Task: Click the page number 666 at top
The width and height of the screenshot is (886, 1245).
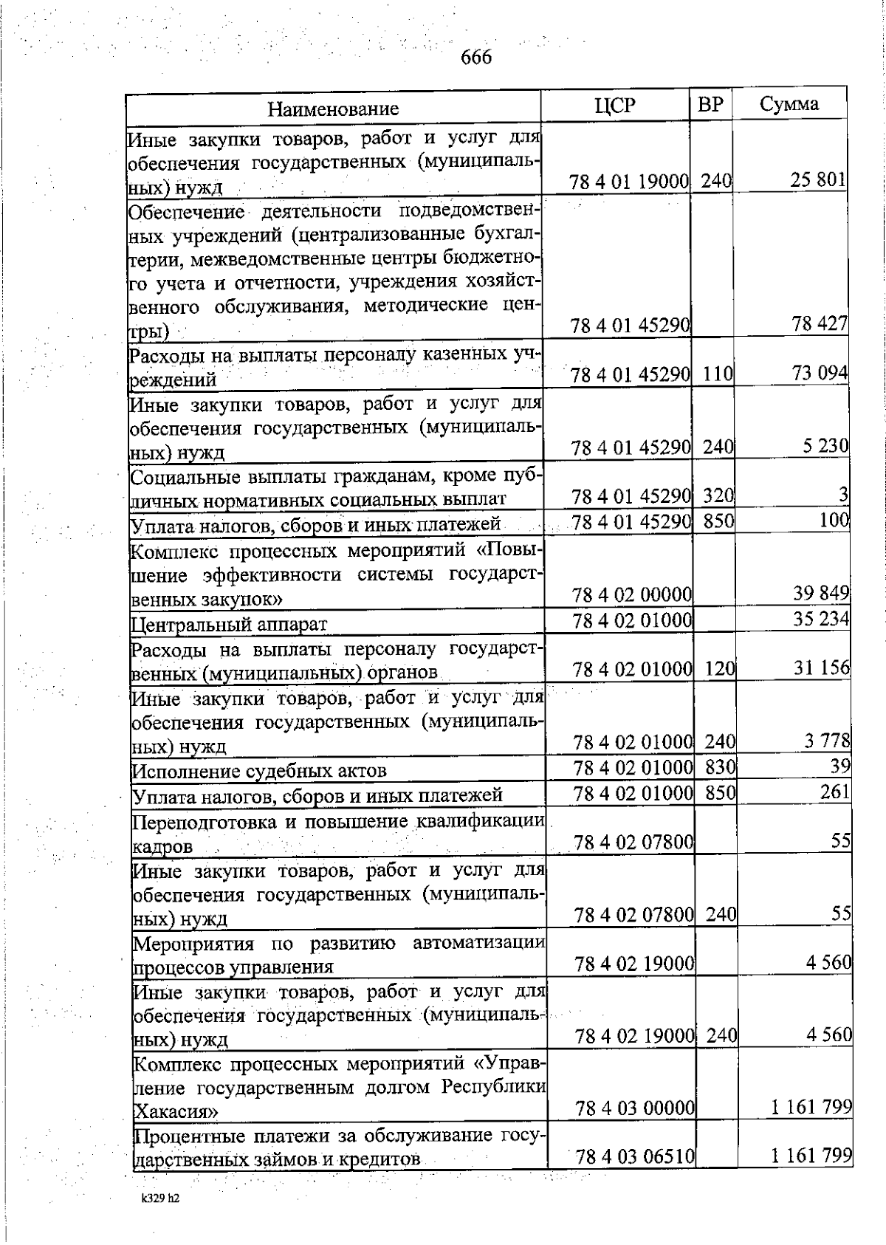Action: pos(476,57)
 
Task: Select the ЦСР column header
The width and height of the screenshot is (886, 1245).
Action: pos(614,106)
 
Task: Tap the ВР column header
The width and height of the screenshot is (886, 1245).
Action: pos(710,105)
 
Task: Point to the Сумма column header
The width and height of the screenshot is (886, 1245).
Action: pos(789,104)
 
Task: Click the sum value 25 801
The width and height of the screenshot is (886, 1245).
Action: pos(818,180)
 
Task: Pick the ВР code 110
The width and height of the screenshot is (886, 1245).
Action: pos(716,374)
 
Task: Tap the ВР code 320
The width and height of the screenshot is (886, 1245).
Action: pos(718,496)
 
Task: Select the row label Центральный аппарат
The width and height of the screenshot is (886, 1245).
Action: pos(229,625)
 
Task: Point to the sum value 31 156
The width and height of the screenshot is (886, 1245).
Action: pos(821,668)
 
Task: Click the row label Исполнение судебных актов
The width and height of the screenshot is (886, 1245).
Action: pos(259,772)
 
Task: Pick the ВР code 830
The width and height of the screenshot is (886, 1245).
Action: pos(719,768)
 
